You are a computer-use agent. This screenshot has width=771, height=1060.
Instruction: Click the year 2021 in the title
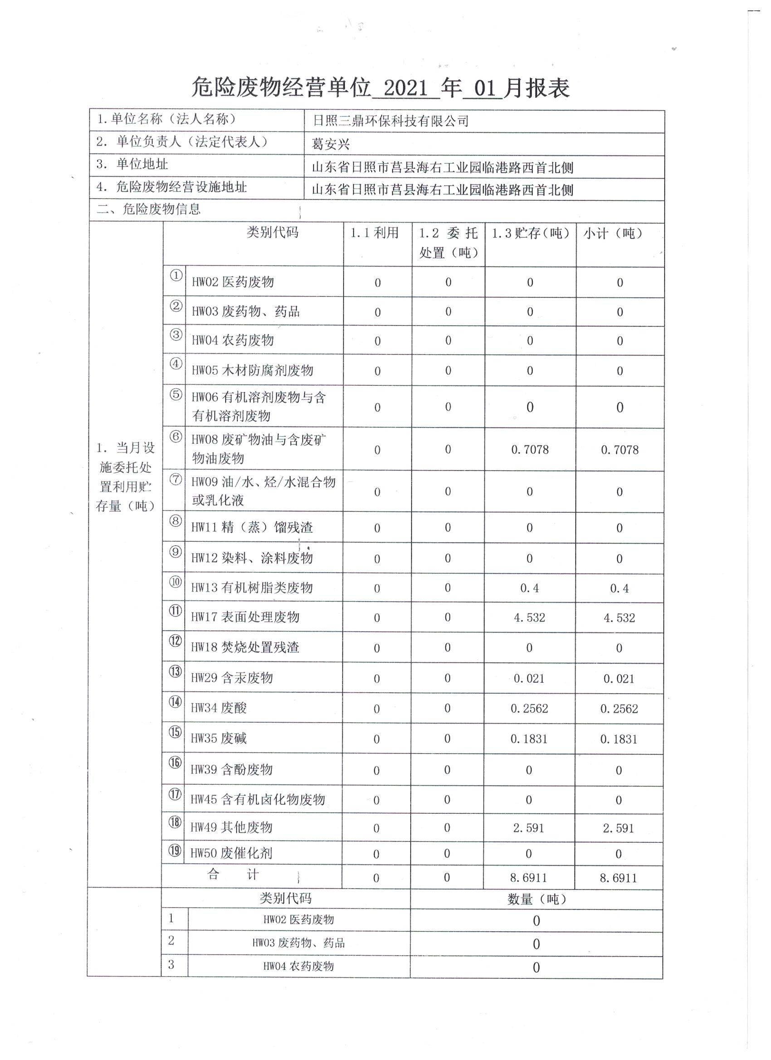click(405, 88)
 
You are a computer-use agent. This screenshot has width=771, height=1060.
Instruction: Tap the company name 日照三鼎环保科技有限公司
click(390, 122)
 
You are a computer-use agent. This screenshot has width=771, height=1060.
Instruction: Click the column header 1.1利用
click(375, 233)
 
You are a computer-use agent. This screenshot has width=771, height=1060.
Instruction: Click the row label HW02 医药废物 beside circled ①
click(232, 282)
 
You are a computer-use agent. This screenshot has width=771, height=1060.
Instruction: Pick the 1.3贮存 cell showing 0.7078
click(530, 450)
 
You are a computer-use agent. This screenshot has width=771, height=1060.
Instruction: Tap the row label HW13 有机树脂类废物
click(252, 588)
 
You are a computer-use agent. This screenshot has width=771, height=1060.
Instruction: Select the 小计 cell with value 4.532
click(619, 618)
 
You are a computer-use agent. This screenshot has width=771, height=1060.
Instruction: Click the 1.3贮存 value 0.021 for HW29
click(529, 679)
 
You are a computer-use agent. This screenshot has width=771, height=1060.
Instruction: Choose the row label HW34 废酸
click(218, 708)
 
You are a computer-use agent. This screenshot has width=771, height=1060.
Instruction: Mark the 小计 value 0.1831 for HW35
click(619, 739)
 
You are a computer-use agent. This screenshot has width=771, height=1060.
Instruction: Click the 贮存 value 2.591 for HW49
click(528, 828)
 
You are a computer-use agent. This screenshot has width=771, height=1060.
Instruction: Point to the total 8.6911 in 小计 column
click(618, 878)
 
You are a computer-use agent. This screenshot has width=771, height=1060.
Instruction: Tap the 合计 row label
click(233, 875)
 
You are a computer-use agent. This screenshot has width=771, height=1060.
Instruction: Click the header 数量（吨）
click(536, 899)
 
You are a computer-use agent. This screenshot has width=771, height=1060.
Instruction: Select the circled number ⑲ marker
click(175, 851)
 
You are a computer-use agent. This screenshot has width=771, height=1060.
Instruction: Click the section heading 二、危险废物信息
click(149, 209)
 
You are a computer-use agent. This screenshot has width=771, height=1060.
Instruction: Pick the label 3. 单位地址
click(132, 164)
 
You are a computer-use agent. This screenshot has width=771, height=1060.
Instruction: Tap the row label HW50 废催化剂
click(231, 853)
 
